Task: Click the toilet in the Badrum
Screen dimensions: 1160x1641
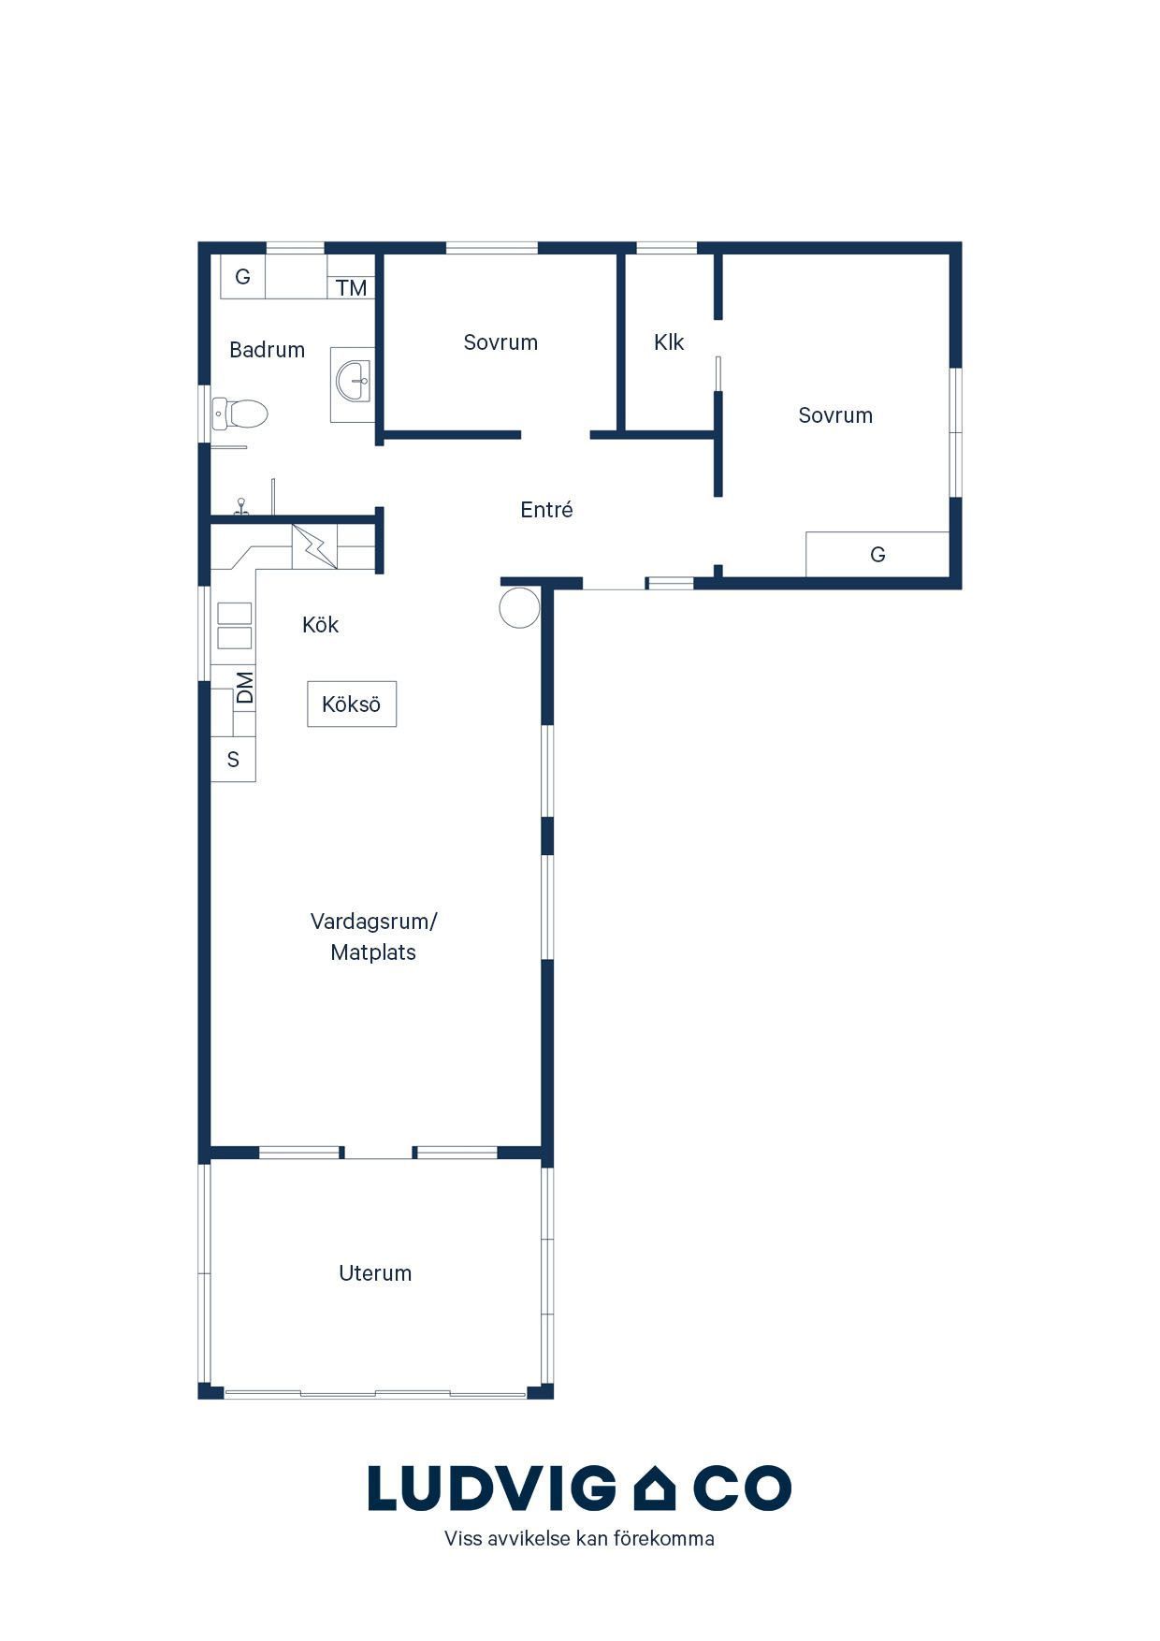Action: point(239,413)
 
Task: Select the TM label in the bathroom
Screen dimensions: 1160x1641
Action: point(352,288)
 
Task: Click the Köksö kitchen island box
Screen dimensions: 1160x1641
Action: point(352,704)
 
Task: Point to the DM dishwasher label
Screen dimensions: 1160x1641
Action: point(244,688)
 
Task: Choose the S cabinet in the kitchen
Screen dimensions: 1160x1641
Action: point(233,759)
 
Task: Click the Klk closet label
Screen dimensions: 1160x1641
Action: point(669,342)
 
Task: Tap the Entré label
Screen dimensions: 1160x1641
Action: point(546,510)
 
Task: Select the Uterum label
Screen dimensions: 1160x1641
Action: point(375,1272)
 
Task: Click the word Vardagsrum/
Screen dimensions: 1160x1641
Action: point(374,921)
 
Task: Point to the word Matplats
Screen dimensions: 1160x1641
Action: point(373,952)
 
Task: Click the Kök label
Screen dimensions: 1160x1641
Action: point(320,624)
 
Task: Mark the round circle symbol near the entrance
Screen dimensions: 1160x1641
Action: point(519,607)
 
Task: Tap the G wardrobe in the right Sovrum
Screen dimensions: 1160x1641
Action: point(877,554)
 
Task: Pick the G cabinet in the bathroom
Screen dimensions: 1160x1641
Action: point(242,276)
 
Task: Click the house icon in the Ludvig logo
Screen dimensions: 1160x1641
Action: point(655,1488)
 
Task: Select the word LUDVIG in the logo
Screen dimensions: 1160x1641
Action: point(492,1488)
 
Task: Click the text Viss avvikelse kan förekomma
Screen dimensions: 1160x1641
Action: point(579,1539)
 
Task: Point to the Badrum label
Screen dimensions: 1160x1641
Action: point(267,350)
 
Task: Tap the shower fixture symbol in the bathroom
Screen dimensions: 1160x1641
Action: point(241,506)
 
